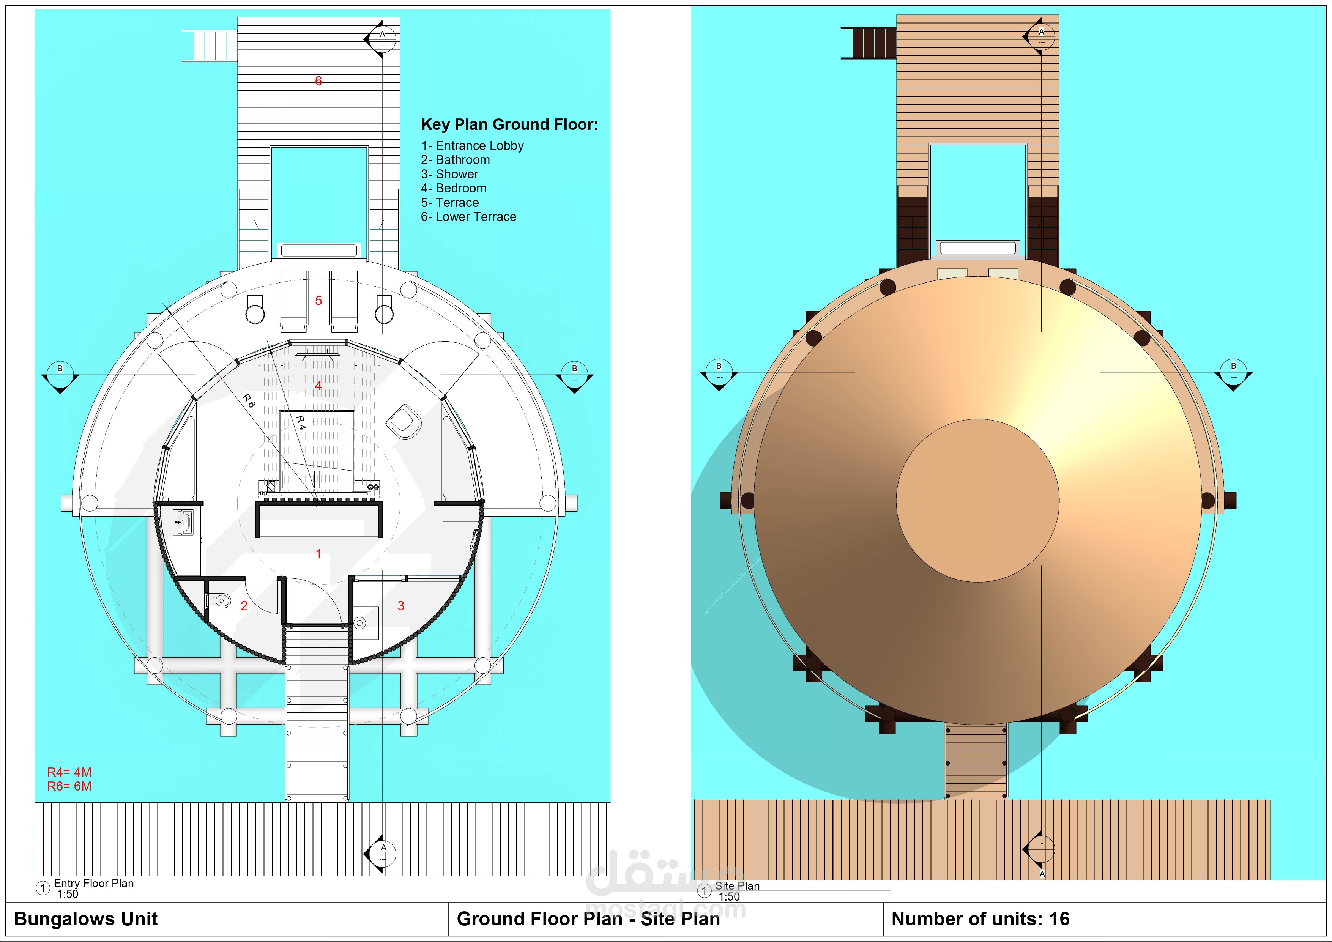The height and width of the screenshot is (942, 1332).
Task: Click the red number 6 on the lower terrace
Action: coord(318,80)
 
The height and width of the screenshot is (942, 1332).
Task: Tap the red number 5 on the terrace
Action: coord(318,301)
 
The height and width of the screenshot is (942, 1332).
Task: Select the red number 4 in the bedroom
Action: coord(318,385)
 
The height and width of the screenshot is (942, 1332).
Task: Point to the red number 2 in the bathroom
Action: coord(244,606)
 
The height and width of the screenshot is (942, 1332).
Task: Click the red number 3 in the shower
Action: coord(401,606)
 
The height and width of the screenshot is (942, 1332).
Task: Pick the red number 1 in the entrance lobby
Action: coord(318,554)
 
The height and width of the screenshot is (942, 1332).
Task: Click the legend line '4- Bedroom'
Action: coord(454,188)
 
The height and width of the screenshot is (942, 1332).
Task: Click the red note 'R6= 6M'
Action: coord(69,786)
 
